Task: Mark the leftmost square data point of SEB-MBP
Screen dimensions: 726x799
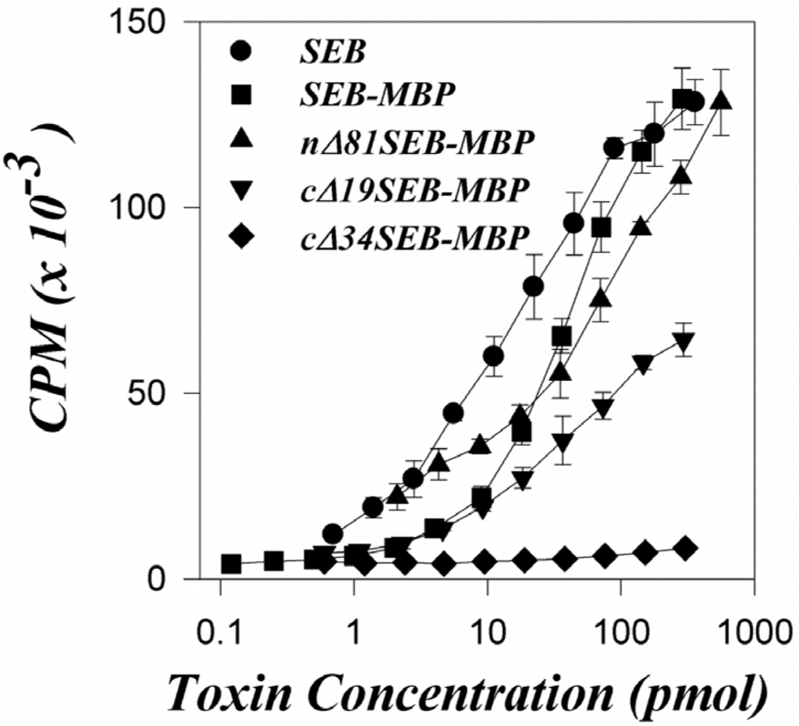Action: (231, 564)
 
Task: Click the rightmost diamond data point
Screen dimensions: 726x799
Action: (685, 549)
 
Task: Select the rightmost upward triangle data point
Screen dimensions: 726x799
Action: (722, 100)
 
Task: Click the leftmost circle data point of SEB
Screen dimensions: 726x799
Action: (333, 535)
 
